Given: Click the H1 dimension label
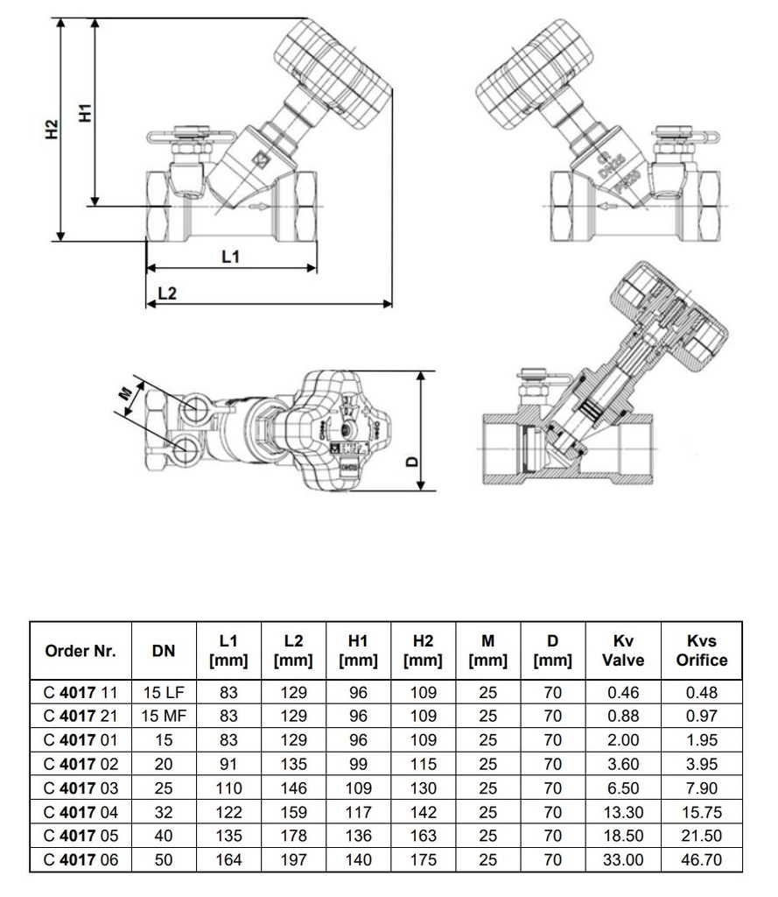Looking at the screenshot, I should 84,111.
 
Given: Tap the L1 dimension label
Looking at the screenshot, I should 230,257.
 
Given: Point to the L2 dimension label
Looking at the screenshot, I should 166,294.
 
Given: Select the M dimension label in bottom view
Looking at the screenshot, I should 127,395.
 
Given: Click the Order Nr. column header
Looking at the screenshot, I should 81,651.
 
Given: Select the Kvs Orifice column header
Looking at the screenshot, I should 701,651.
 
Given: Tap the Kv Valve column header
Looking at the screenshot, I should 623,651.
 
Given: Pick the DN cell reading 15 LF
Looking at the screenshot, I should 164,692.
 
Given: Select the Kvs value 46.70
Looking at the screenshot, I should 701,859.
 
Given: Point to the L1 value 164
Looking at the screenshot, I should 229,859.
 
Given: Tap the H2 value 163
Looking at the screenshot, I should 424,837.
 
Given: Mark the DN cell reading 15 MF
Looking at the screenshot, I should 164,715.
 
